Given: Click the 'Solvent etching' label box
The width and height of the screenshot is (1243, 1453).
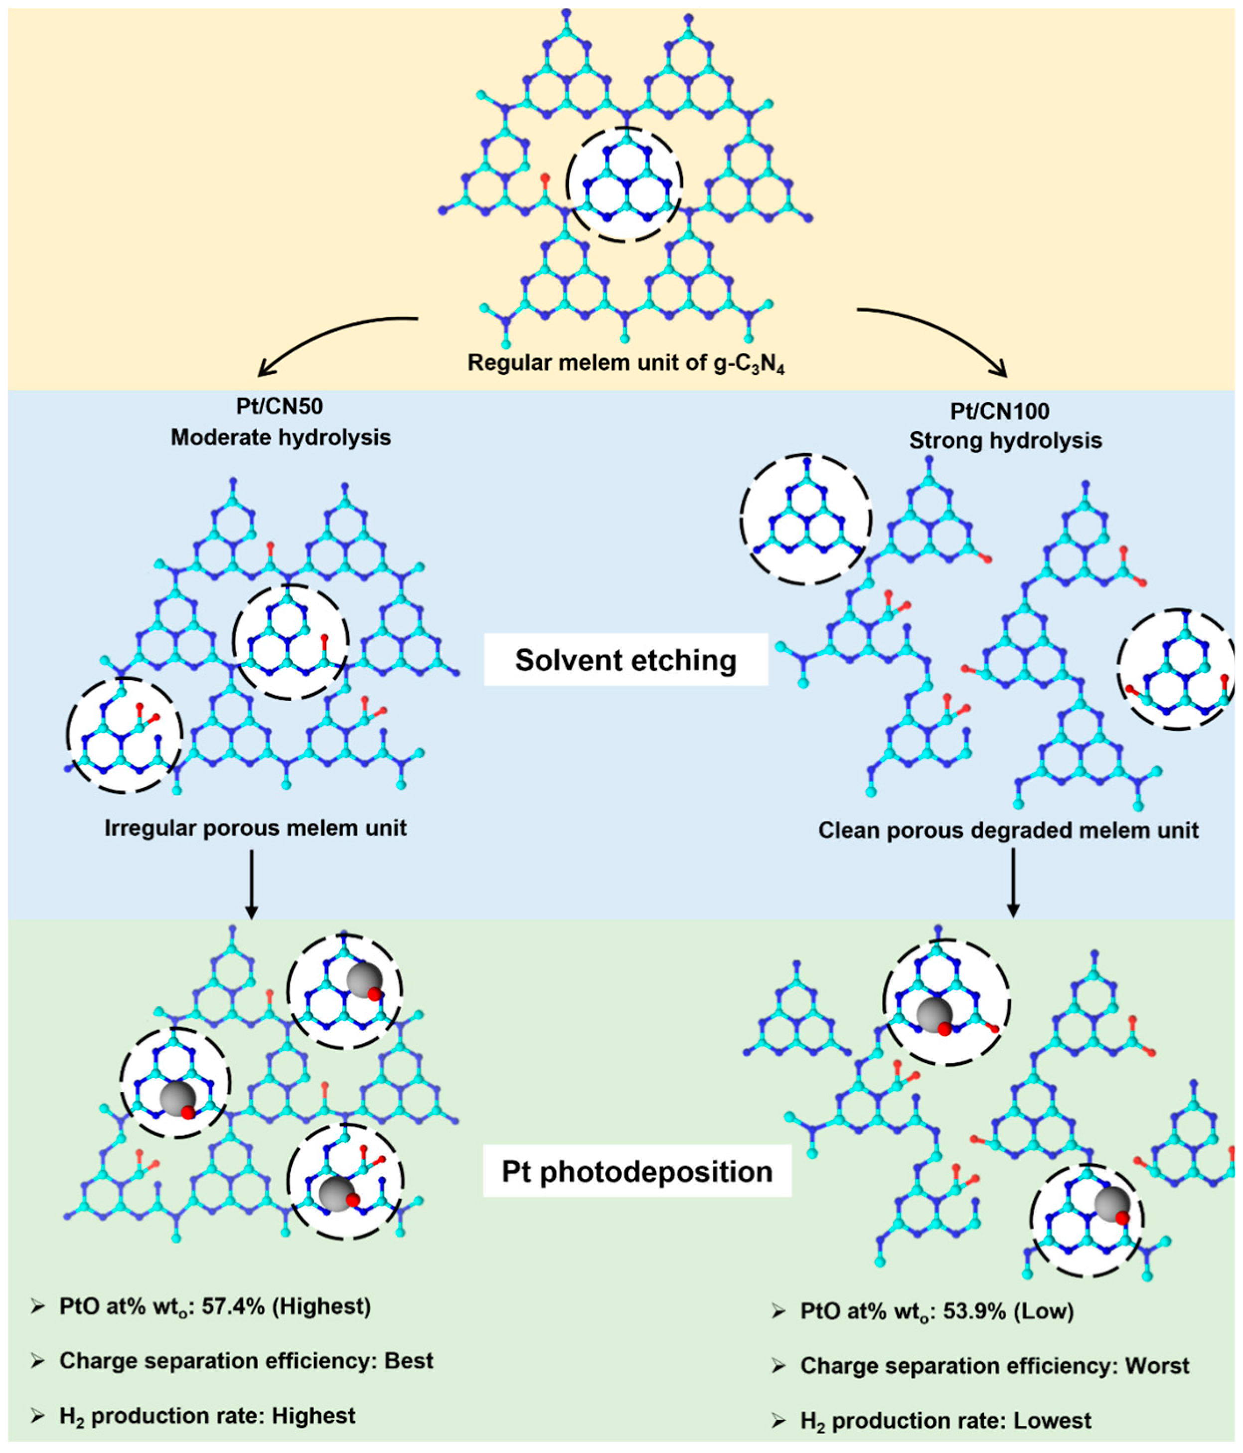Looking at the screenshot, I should click(625, 661).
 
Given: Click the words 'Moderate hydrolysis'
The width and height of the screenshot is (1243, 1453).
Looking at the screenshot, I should click(281, 438).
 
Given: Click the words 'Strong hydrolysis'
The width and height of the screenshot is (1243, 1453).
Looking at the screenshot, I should click(1005, 440).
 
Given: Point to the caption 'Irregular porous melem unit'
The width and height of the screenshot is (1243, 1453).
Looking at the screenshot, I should click(255, 828).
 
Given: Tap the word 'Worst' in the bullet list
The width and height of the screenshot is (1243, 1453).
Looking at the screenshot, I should click(1157, 1366).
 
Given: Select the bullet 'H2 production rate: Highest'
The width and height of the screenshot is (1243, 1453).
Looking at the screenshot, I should click(207, 1416).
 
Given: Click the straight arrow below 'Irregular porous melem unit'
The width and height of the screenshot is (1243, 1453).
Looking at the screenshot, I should click(252, 884).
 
